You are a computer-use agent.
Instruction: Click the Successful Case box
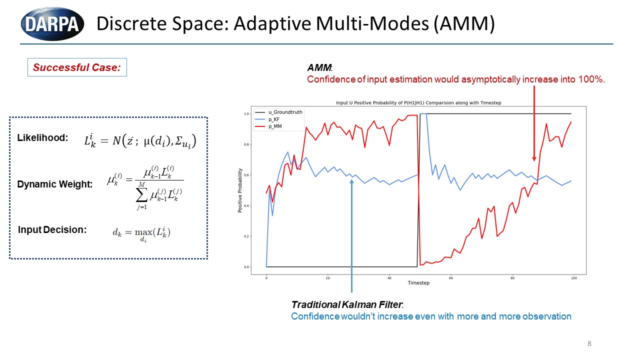point(77,67)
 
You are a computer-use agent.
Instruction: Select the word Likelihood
point(42,138)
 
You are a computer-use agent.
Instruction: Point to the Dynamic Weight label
point(55,184)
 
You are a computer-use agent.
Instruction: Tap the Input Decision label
point(52,230)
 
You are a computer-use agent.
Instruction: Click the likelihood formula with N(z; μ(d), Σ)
point(140,139)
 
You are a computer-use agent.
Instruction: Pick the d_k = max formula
point(141,233)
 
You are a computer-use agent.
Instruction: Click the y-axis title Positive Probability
point(240,190)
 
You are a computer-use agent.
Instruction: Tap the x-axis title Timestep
point(418,283)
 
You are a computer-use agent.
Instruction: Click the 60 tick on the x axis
point(450,278)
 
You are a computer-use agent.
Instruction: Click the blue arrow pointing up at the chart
point(351,235)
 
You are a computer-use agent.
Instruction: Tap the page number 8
point(589,343)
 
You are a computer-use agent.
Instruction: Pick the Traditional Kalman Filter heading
point(348,304)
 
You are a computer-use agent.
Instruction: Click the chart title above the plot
point(418,103)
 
